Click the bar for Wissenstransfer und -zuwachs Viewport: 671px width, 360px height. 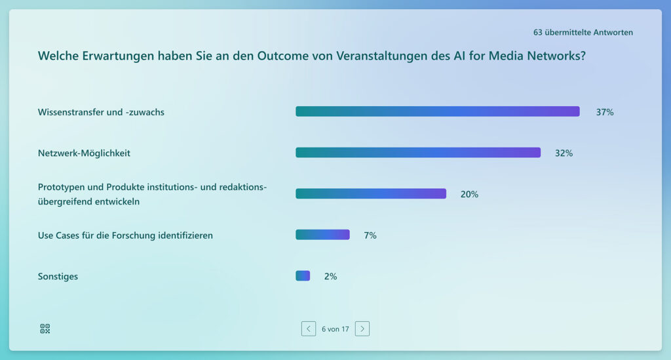point(437,111)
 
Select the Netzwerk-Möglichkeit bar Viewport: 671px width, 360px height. point(418,153)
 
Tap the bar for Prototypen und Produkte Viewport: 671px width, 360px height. point(370,193)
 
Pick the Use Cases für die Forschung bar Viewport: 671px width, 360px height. point(322,235)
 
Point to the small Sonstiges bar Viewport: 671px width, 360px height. point(303,276)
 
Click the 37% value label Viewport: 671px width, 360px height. point(604,112)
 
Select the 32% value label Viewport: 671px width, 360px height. point(564,153)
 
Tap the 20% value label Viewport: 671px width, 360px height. point(469,194)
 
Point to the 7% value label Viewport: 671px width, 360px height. point(370,235)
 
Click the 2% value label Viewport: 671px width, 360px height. point(330,277)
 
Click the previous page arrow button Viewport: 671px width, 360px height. point(309,329)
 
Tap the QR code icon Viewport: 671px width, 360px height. point(45,329)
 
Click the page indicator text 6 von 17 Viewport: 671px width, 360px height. point(335,329)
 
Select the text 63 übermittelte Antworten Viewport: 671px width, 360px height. point(583,32)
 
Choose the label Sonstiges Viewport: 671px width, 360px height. point(58,277)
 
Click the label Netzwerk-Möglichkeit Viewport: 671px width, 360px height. point(84,153)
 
